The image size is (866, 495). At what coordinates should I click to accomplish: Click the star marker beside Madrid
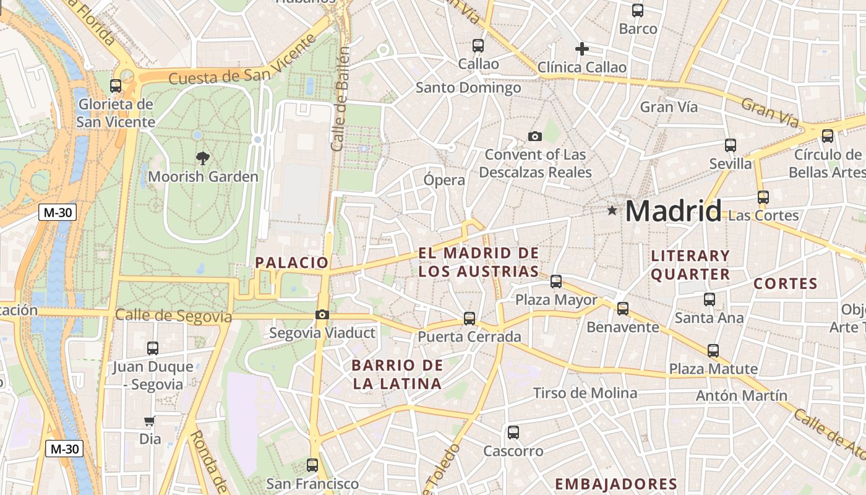tap(612, 211)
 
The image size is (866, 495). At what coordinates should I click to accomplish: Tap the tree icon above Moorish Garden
tap(202, 158)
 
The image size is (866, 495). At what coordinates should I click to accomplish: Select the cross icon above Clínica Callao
tap(581, 49)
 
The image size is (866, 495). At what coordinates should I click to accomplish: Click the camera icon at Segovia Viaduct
tap(322, 315)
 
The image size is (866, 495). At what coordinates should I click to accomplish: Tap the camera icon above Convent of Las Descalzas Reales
tap(535, 136)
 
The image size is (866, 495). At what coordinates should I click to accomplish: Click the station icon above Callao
tap(478, 45)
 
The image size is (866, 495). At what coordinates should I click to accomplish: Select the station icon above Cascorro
tap(513, 433)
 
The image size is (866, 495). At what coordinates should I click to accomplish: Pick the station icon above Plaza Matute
tap(713, 351)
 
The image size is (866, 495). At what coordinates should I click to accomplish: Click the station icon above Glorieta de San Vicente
tap(116, 86)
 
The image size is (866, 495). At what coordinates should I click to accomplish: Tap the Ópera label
tap(444, 180)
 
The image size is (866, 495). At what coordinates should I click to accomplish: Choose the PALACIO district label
tap(292, 262)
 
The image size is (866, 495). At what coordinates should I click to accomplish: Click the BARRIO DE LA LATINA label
tap(398, 374)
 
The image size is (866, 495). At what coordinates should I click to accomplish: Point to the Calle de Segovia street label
tap(173, 316)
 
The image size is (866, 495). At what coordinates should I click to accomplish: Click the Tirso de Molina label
tap(585, 393)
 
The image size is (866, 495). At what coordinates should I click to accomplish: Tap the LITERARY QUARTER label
tap(690, 265)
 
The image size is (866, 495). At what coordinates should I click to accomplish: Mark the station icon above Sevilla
tap(731, 145)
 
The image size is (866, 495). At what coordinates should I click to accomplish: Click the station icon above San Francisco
tap(312, 465)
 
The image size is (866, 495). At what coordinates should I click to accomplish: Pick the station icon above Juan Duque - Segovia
tap(153, 348)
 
